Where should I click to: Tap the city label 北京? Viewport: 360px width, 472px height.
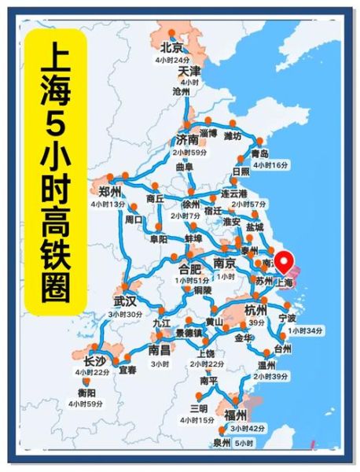(172, 47)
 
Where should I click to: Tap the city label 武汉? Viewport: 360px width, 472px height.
(124, 301)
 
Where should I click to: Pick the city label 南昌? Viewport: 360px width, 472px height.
(160, 350)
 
